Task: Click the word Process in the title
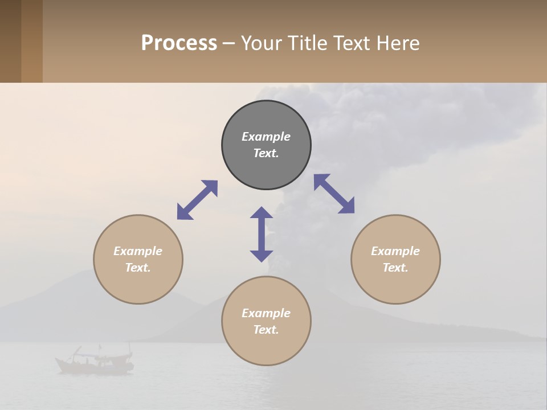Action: pyautogui.click(x=179, y=43)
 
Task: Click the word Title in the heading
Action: pyautogui.click(x=307, y=43)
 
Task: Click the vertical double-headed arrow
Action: pyautogui.click(x=262, y=234)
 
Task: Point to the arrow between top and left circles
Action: pyautogui.click(x=197, y=200)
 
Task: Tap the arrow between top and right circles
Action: pyautogui.click(x=334, y=194)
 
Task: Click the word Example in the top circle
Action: pyautogui.click(x=266, y=137)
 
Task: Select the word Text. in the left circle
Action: pyautogui.click(x=138, y=268)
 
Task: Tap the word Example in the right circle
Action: pyautogui.click(x=395, y=251)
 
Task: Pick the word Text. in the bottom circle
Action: pyautogui.click(x=266, y=330)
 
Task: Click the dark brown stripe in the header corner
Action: pyautogui.click(x=10, y=41)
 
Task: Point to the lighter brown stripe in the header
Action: pyautogui.click(x=32, y=41)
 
